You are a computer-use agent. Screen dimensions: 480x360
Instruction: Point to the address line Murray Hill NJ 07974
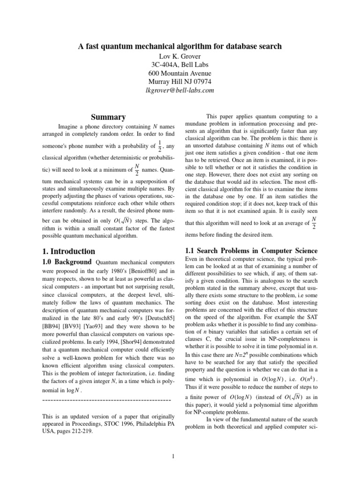[x=180, y=82]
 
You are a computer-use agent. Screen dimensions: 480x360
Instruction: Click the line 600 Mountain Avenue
[x=180, y=73]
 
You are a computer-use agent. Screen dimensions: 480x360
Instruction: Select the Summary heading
[x=108, y=117]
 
